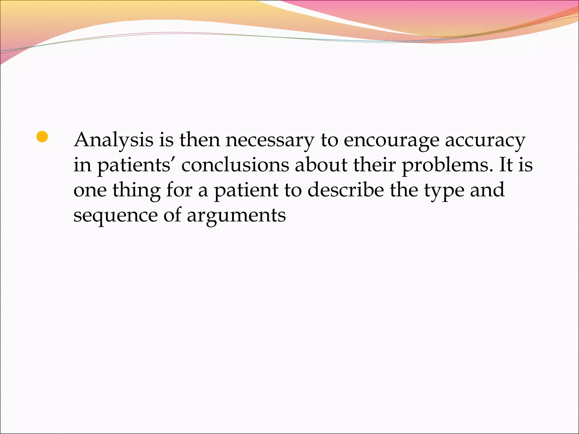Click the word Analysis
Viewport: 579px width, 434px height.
[x=113, y=140]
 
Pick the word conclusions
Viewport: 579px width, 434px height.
[x=235, y=165]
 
